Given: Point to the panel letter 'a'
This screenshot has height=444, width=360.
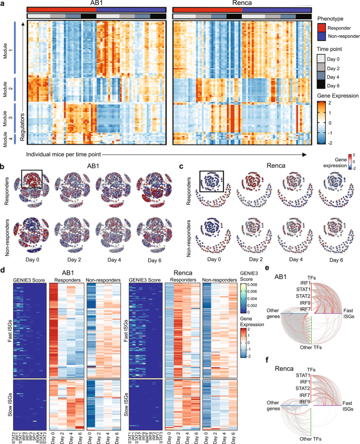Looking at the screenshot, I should pos(3,4).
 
